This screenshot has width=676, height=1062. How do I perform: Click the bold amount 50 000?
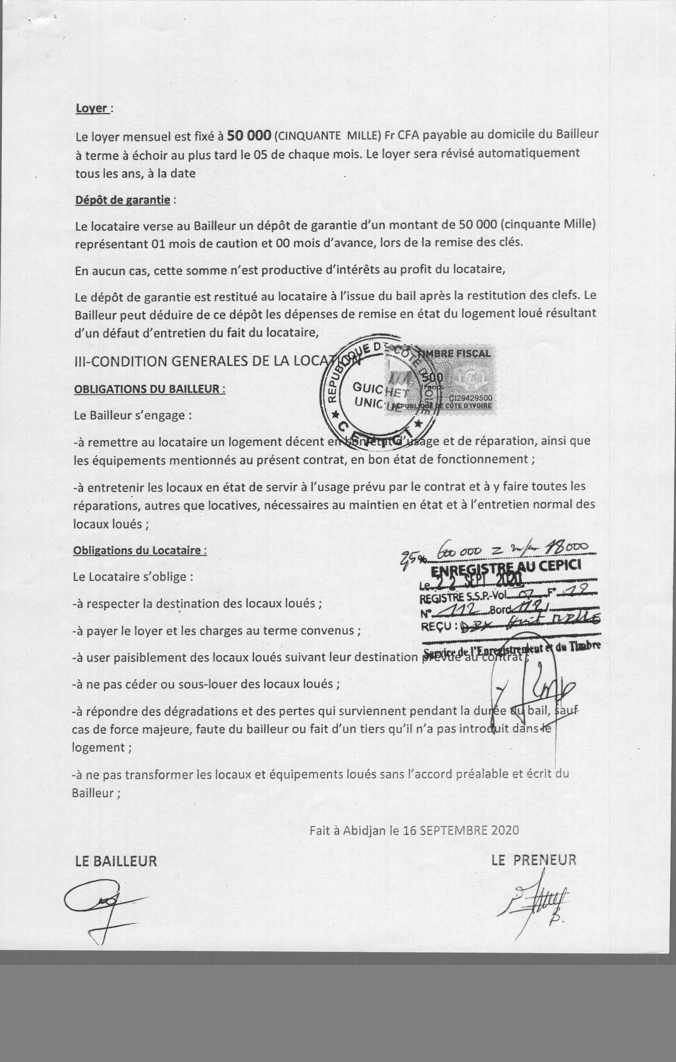pos(248,136)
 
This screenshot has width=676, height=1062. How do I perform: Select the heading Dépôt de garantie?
pos(123,200)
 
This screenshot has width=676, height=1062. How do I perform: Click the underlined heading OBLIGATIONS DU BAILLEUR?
pos(149,389)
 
